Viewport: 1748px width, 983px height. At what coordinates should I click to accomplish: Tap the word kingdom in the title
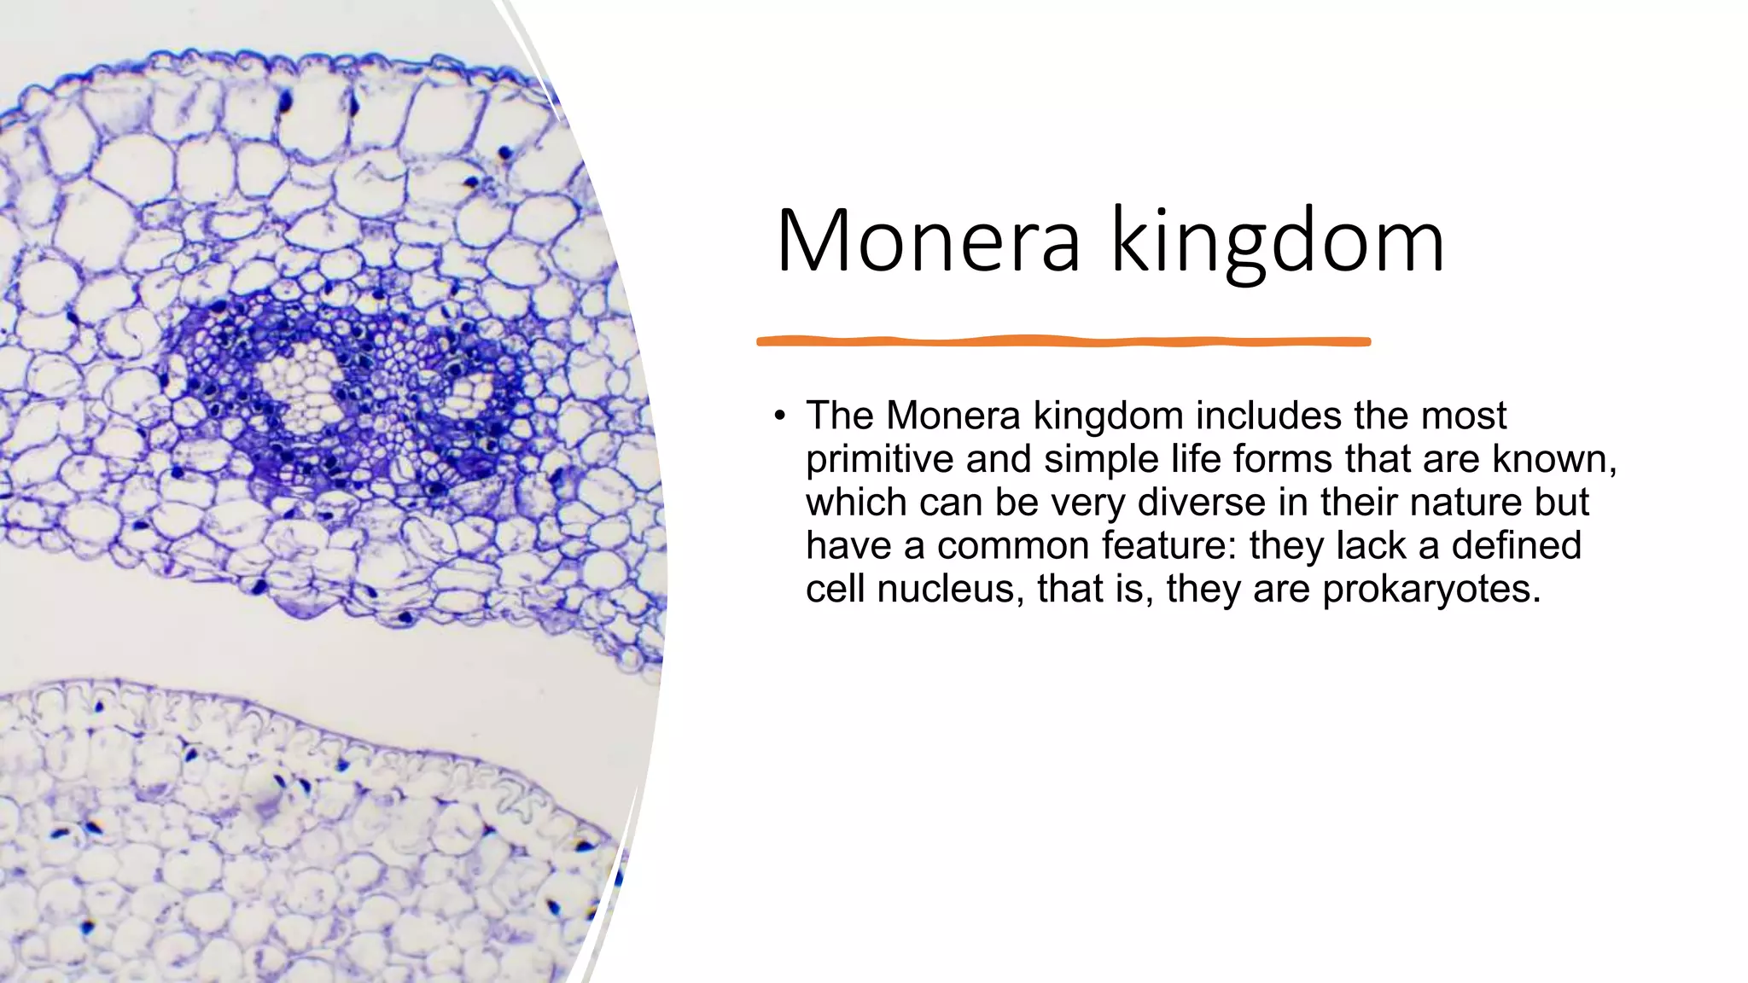[1278, 243]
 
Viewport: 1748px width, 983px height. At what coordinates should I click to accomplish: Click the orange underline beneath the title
[1063, 341]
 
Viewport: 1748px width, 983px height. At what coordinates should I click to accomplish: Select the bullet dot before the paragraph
[779, 416]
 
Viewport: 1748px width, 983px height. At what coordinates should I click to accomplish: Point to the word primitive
[879, 459]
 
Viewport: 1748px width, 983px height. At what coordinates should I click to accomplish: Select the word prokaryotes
[1431, 589]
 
